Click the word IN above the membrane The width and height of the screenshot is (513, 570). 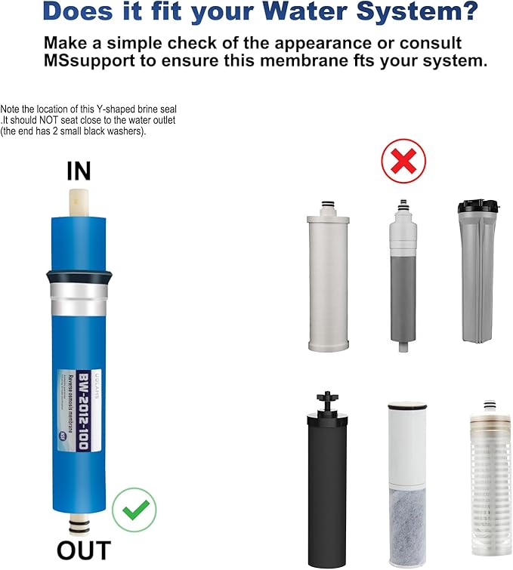click(79, 171)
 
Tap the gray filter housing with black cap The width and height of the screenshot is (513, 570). click(477, 271)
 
